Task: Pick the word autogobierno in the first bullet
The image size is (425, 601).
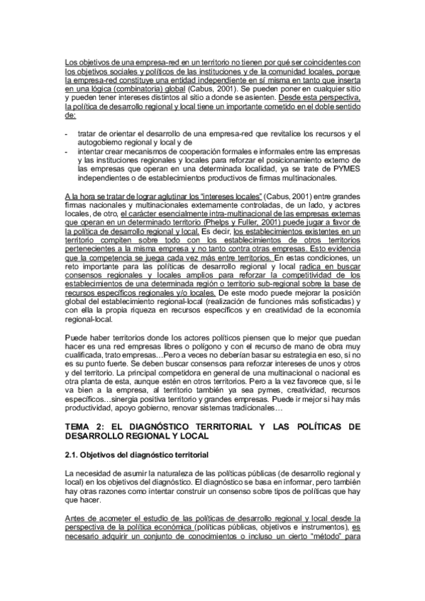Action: pyautogui.click(x=101, y=142)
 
